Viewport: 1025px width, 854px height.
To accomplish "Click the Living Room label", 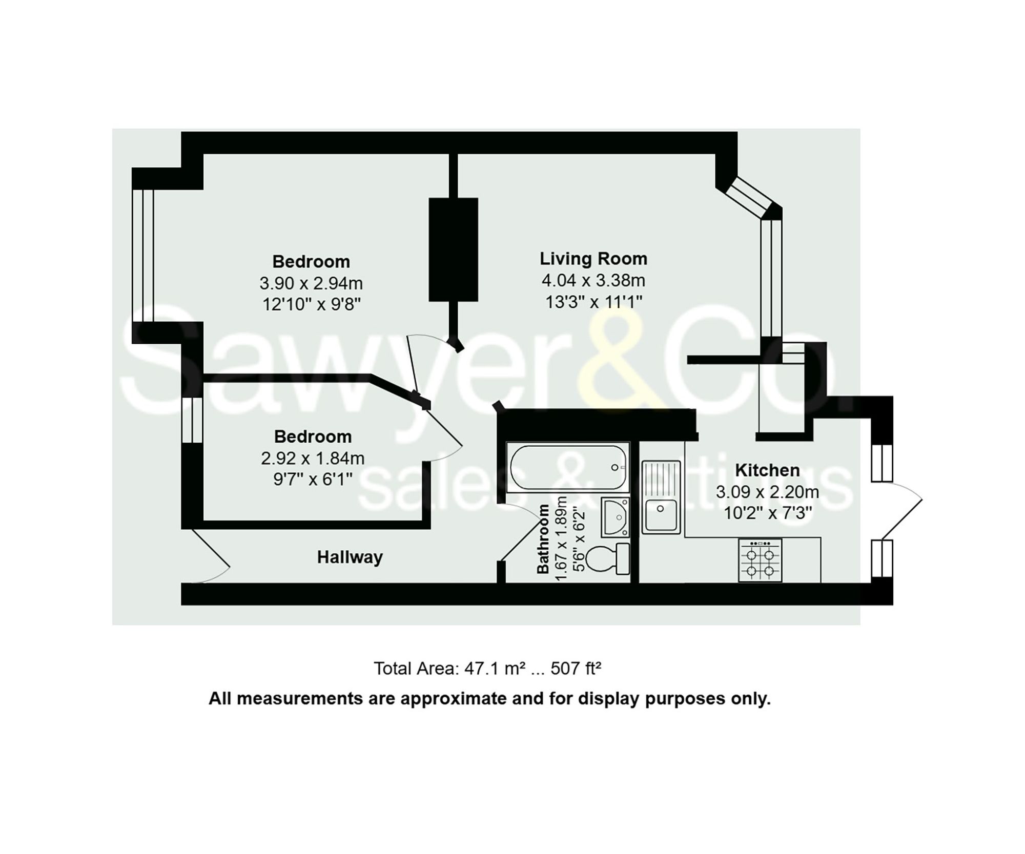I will (593, 259).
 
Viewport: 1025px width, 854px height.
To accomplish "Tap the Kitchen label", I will (767, 470).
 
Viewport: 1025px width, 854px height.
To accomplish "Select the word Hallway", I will (350, 557).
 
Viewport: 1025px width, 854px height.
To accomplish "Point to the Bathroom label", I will (543, 539).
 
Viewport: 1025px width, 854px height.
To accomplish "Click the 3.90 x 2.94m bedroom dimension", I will (311, 283).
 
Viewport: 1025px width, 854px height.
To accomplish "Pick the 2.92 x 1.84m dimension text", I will (313, 458).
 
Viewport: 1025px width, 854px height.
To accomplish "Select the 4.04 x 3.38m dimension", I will (593, 280).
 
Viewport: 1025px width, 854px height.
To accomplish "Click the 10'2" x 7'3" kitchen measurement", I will (767, 513).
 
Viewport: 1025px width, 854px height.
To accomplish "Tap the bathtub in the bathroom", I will (568, 467).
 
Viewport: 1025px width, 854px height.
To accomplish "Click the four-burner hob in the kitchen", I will (760, 560).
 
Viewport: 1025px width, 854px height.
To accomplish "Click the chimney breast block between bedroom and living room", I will (453, 249).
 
